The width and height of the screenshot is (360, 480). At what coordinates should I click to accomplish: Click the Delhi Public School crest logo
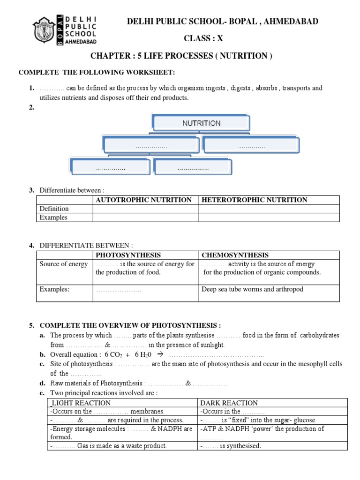click(45, 30)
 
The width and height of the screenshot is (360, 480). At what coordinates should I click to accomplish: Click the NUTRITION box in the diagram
click(201, 123)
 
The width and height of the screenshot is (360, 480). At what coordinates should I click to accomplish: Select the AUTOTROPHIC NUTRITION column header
click(143, 200)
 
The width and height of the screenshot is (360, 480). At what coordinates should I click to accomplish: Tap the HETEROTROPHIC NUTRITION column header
click(255, 200)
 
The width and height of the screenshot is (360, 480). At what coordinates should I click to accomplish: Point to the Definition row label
click(54, 209)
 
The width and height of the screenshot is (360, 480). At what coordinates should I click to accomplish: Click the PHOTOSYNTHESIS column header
click(128, 255)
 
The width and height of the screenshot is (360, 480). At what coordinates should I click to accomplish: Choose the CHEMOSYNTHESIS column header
click(235, 255)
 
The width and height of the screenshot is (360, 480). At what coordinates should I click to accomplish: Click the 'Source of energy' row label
click(63, 264)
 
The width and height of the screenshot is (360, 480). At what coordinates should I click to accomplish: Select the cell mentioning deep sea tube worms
click(252, 289)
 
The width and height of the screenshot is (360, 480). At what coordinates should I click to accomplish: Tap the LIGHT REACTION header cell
click(81, 403)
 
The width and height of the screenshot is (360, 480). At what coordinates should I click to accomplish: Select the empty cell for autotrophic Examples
click(145, 217)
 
